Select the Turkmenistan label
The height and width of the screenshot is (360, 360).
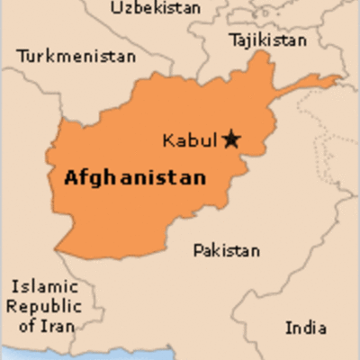(76, 57)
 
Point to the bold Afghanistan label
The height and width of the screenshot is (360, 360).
(134, 177)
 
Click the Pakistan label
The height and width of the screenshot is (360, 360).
(227, 250)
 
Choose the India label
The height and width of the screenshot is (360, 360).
(306, 327)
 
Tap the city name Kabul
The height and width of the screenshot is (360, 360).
(190, 140)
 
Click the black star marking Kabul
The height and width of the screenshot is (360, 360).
(232, 139)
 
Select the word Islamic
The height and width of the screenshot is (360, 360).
(45, 287)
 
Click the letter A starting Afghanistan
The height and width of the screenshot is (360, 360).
(70, 177)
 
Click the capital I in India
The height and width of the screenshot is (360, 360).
(289, 327)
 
